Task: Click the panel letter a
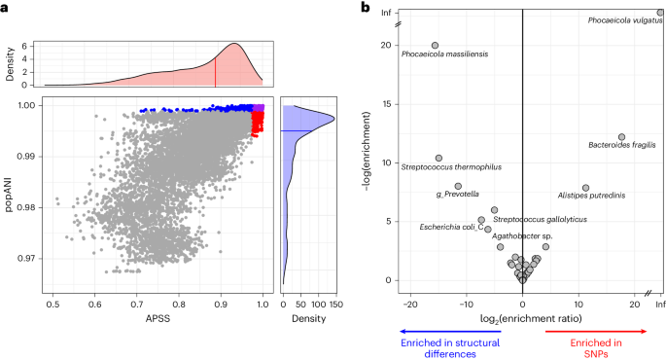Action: point(6,8)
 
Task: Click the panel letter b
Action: point(366,8)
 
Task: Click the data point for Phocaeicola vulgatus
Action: point(660,13)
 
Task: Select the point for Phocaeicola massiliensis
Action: point(435,45)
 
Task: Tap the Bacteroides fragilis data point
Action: point(622,137)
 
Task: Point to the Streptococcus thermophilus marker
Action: point(438,158)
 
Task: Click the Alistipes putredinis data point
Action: point(585,188)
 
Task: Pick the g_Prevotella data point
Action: point(458,186)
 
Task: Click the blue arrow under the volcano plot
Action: point(446,332)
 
